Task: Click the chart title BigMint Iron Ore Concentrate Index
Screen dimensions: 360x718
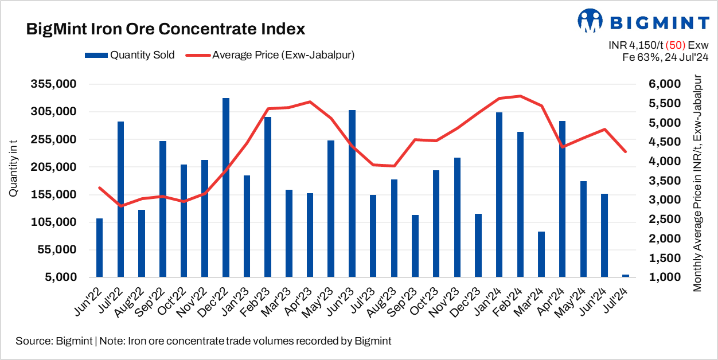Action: [165, 29]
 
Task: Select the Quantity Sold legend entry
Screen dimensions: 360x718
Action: [130, 55]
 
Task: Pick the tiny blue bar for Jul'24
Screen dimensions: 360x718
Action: [625, 276]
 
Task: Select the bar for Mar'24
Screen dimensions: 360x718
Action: [541, 254]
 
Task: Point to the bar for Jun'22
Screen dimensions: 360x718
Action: [100, 248]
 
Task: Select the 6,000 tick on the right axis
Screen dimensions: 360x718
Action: [666, 84]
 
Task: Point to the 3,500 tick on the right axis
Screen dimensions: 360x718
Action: [666, 181]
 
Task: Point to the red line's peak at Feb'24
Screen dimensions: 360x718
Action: [520, 96]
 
